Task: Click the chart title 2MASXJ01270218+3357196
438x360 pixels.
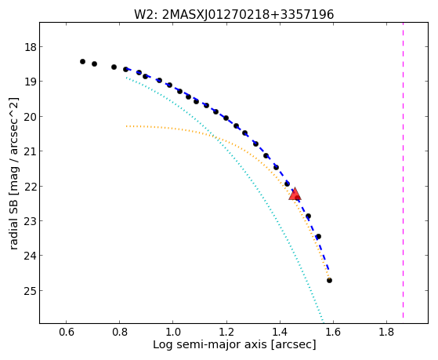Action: click(248, 15)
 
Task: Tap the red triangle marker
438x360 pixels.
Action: click(295, 195)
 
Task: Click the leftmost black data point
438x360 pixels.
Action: click(82, 61)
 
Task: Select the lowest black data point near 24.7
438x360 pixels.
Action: click(329, 280)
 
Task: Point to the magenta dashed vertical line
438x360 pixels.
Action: click(403, 170)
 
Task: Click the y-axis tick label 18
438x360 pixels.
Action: click(31, 47)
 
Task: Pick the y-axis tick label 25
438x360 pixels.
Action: click(31, 291)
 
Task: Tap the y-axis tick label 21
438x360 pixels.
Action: click(31, 151)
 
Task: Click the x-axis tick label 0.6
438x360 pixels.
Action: click(66, 332)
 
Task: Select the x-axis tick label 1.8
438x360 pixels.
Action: click(386, 332)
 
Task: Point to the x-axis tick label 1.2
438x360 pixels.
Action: click(226, 332)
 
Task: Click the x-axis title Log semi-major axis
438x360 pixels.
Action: click(209, 344)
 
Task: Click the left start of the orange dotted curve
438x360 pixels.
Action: click(126, 126)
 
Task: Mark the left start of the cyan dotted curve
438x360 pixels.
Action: click(126, 78)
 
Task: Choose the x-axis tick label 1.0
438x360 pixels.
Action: click(173, 332)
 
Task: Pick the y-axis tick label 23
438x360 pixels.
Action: click(31, 220)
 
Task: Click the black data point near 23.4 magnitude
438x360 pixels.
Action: click(318, 237)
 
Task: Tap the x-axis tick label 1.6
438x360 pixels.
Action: click(334, 332)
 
